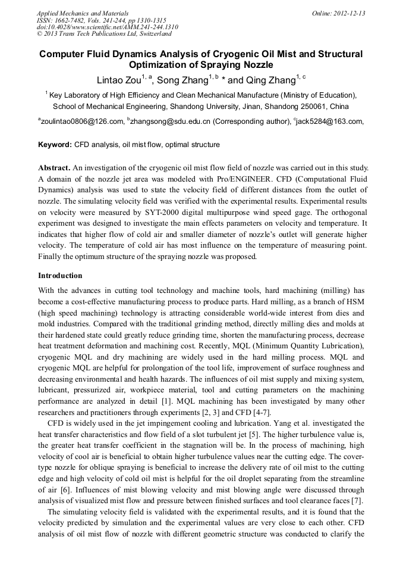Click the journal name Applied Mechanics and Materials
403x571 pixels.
click(x=83, y=13)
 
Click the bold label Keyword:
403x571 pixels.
click(x=55, y=145)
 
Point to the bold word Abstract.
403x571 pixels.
click(x=55, y=169)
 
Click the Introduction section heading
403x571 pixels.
click(x=60, y=276)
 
